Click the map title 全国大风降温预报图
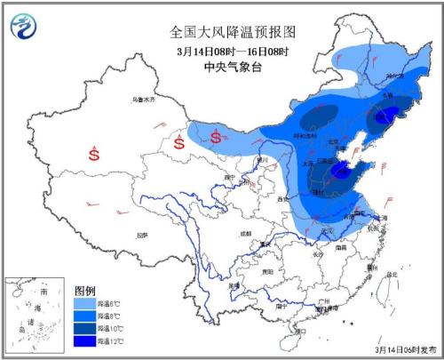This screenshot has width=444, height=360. click(x=233, y=31)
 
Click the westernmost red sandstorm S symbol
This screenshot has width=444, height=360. click(x=93, y=154)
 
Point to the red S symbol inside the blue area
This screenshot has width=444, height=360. click(x=216, y=136)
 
